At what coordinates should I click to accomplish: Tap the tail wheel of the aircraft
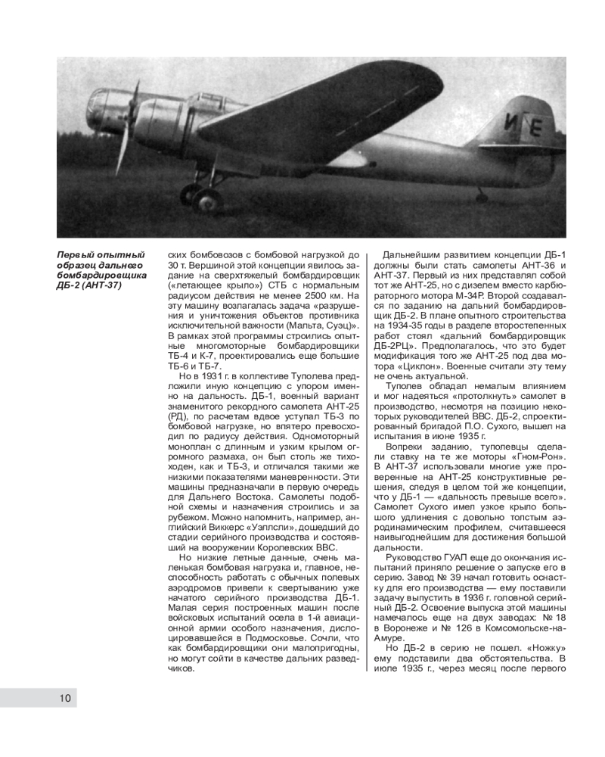(x=482, y=197)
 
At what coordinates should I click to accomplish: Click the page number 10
(x=65, y=698)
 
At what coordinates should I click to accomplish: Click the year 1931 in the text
(x=209, y=375)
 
